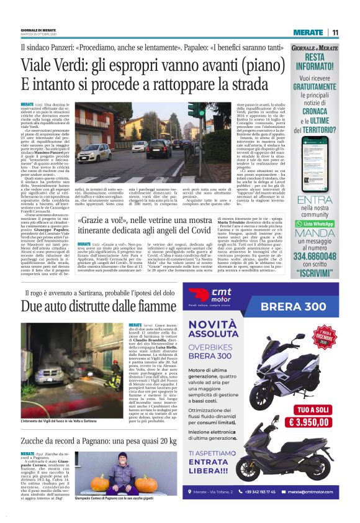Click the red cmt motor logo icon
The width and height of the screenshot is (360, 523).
[x=198, y=294]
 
